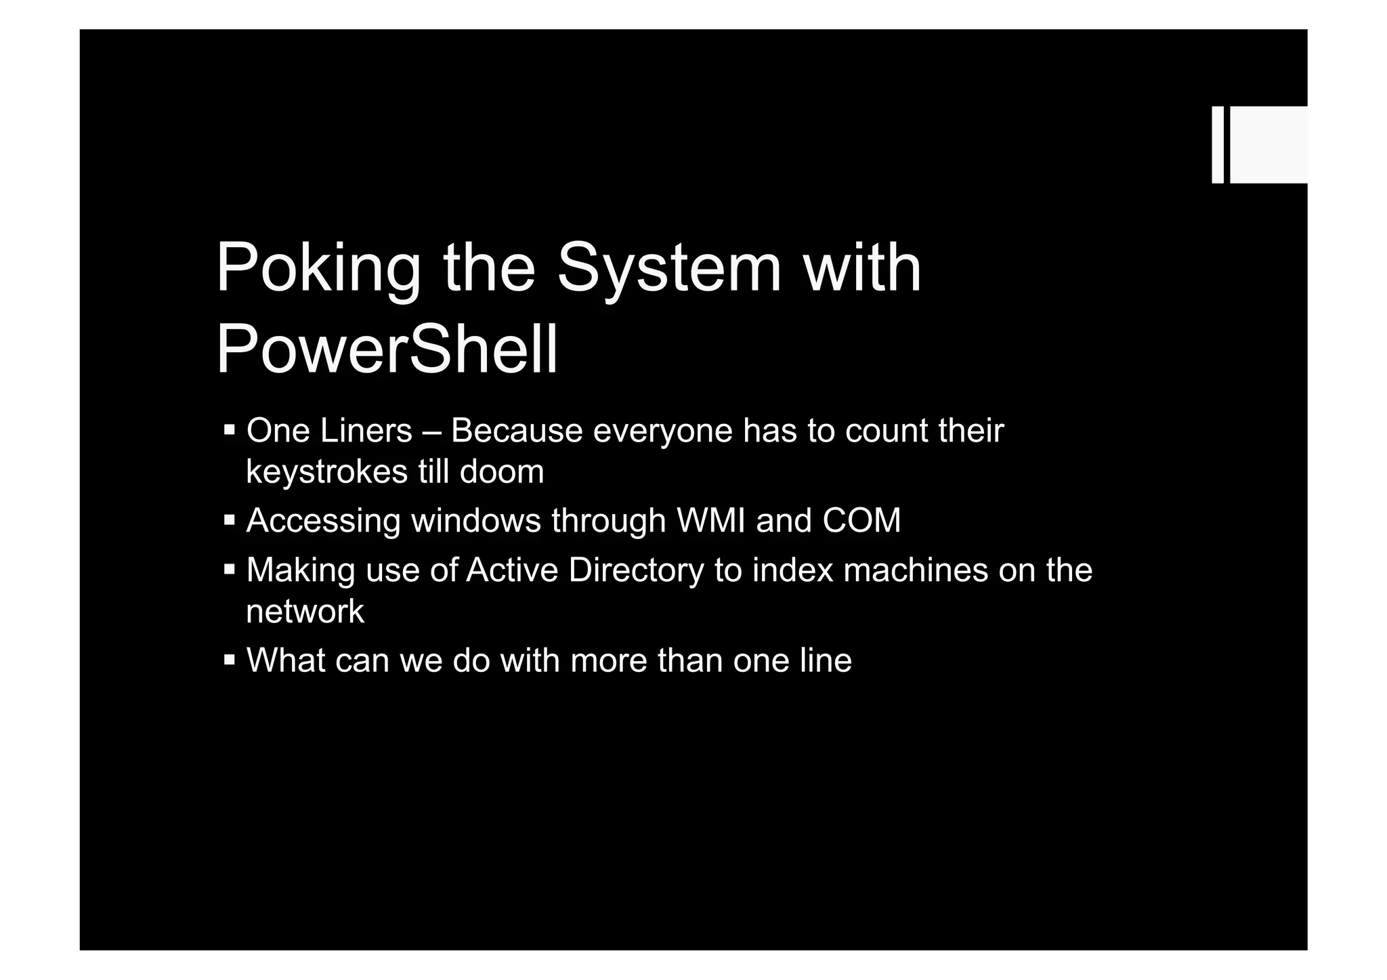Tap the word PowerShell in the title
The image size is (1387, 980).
click(387, 350)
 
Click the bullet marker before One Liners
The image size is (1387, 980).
click(230, 429)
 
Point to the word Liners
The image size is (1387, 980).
click(366, 431)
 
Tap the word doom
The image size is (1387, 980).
click(502, 472)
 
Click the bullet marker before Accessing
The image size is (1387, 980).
click(230, 520)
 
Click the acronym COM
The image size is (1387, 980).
click(861, 521)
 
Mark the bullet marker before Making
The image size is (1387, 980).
click(230, 570)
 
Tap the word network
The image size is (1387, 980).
click(305, 612)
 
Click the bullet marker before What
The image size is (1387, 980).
click(230, 659)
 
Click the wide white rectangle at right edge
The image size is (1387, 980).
click(1268, 145)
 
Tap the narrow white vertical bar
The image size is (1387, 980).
click(1217, 145)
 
